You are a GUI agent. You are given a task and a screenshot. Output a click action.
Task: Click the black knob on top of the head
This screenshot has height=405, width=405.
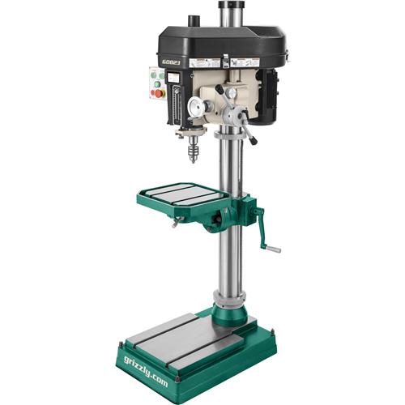193,19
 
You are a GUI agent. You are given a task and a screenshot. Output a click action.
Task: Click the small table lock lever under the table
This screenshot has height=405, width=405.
176,222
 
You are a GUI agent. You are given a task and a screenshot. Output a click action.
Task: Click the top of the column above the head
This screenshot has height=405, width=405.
229,6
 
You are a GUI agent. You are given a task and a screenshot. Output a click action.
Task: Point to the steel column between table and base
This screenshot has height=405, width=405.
228,259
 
